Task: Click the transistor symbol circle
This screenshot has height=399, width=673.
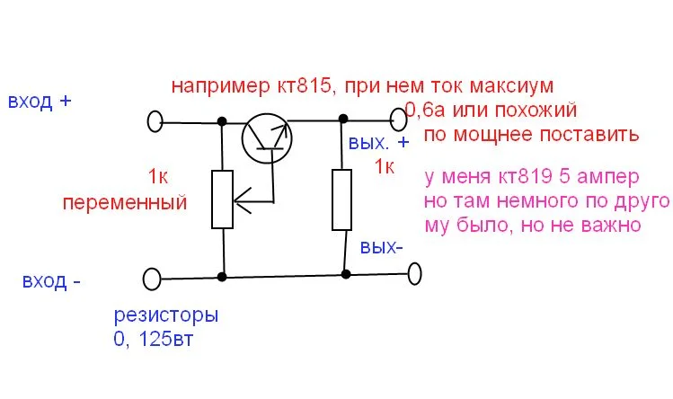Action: [243, 138]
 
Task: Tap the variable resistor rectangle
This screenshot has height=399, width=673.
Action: [222, 199]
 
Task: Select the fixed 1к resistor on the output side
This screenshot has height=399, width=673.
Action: [342, 199]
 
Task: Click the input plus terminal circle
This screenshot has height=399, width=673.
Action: [155, 121]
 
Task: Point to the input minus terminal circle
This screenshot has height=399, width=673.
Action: [152, 279]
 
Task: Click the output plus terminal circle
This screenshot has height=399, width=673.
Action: [398, 120]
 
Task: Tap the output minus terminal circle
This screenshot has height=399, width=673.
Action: [414, 274]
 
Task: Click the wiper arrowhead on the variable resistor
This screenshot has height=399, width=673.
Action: [242, 200]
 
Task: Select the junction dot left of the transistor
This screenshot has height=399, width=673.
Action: [222, 121]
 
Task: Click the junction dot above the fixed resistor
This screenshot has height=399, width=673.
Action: [343, 118]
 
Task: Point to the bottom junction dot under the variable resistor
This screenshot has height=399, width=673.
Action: [222, 277]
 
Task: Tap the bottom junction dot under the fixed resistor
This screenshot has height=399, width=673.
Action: [346, 274]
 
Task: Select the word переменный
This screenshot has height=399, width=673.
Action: [125, 203]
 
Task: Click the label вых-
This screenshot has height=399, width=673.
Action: [382, 247]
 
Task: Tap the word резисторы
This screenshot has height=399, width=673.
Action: [166, 316]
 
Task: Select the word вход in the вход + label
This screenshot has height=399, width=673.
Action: [30, 102]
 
